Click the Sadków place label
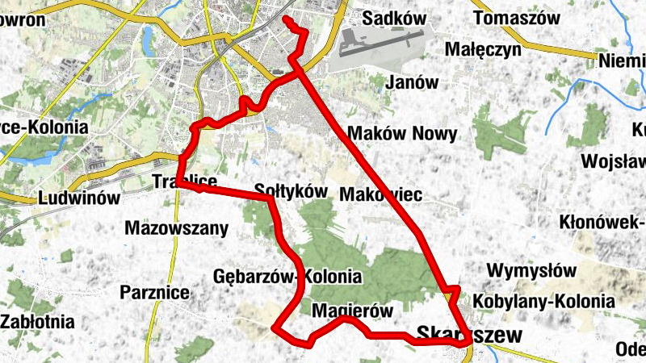[x=394, y=18]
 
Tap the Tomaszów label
[x=518, y=18]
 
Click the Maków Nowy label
[x=401, y=133]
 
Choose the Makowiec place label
[x=381, y=194]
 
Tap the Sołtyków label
[x=290, y=191]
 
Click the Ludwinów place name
[x=78, y=198]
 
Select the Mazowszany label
[x=177, y=228]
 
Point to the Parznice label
[x=154, y=292]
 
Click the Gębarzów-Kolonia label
[x=287, y=276]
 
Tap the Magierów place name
[x=351, y=311]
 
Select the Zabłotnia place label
[x=37, y=322]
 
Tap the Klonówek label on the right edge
[x=602, y=221]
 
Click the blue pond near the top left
[x=149, y=36]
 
